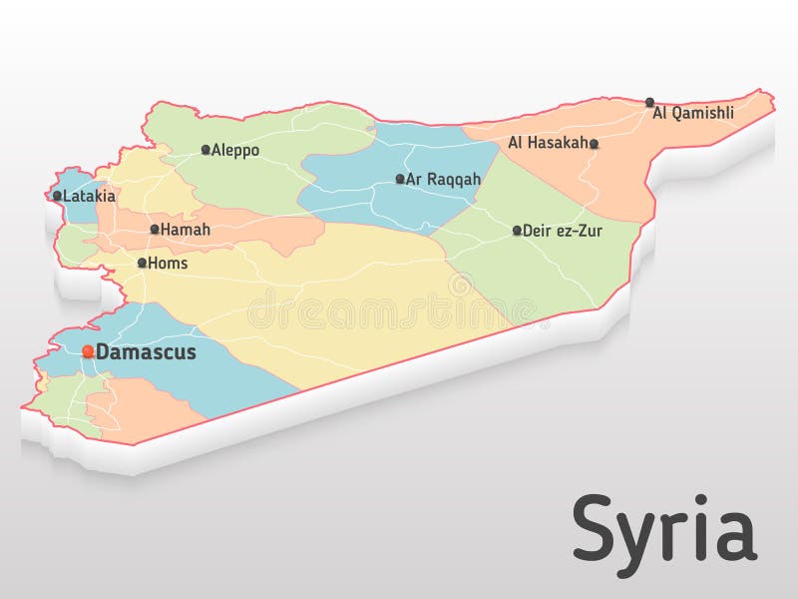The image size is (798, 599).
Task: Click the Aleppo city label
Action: point(235,151)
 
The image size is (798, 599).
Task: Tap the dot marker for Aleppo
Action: point(205,150)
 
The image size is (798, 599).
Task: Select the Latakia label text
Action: point(90,197)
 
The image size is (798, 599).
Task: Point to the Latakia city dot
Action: point(57,196)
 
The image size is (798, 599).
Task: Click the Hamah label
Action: point(186,230)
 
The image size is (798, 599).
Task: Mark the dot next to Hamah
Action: point(155,229)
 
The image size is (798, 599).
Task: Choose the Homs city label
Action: point(168,264)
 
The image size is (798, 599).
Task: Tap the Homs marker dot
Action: point(142,263)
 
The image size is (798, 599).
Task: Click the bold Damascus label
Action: point(146,352)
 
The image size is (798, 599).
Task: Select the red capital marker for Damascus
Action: point(88,350)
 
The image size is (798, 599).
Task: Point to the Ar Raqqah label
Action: point(444,180)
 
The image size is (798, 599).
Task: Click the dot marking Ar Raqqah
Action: point(400,179)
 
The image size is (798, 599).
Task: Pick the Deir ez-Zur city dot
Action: point(517,231)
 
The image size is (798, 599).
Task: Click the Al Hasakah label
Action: point(548,143)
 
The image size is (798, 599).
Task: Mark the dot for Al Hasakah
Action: point(594,144)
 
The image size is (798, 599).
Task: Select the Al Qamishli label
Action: point(693,114)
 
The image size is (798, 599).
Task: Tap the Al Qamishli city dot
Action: point(649,102)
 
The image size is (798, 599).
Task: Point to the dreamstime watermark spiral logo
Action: point(460,285)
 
